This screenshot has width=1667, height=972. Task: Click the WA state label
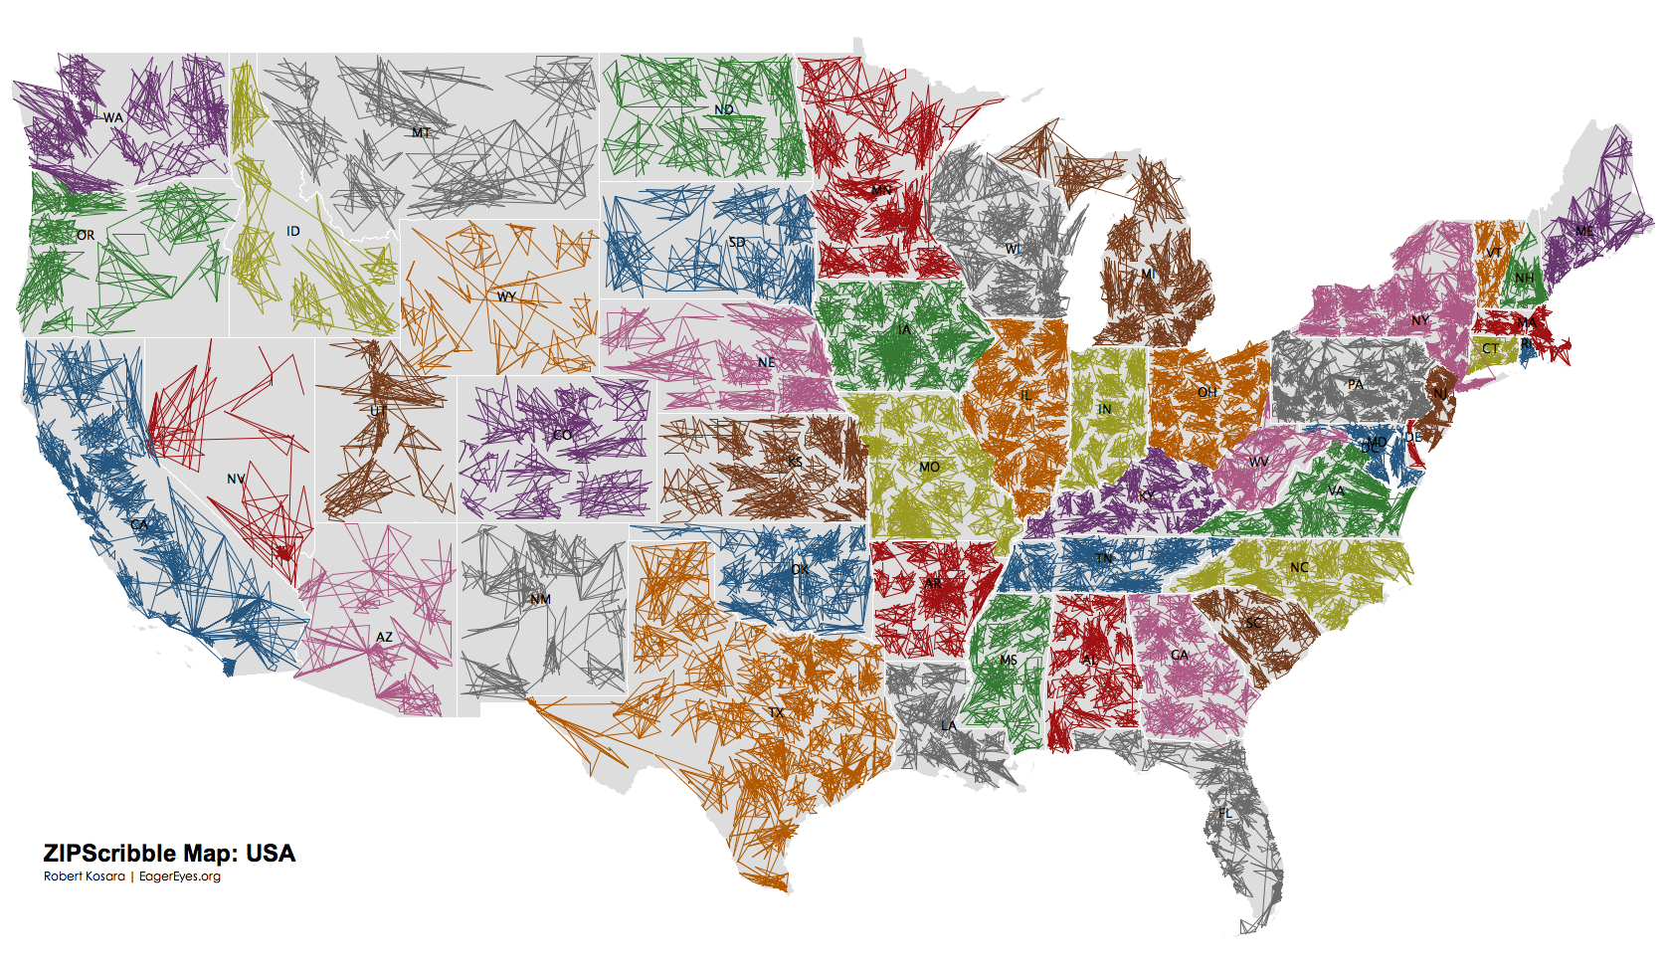pos(113,117)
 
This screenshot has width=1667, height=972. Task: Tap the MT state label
pos(422,132)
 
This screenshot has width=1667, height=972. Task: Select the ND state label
pos(723,109)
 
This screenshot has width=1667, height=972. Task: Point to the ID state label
pos(292,231)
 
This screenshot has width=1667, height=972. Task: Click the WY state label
pos(506,296)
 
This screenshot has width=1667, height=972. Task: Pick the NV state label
pos(236,479)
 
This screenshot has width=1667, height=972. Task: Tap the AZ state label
pos(384,637)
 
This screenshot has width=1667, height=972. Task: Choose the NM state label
pos(540,599)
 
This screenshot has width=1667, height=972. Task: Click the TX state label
pos(776,712)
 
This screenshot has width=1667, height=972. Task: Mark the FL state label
pos(1225,813)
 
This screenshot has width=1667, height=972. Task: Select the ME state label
pos(1583,231)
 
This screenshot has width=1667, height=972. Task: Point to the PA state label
pos(1356,384)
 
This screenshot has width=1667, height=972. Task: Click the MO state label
pos(929,467)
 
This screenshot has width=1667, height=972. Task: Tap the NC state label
pos(1299,567)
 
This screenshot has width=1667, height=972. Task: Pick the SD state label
pos(736,242)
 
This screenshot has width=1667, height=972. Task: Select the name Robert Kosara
pos(85,876)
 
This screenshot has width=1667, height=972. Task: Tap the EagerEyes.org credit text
pos(180,876)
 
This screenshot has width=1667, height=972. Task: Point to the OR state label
pos(86,236)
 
